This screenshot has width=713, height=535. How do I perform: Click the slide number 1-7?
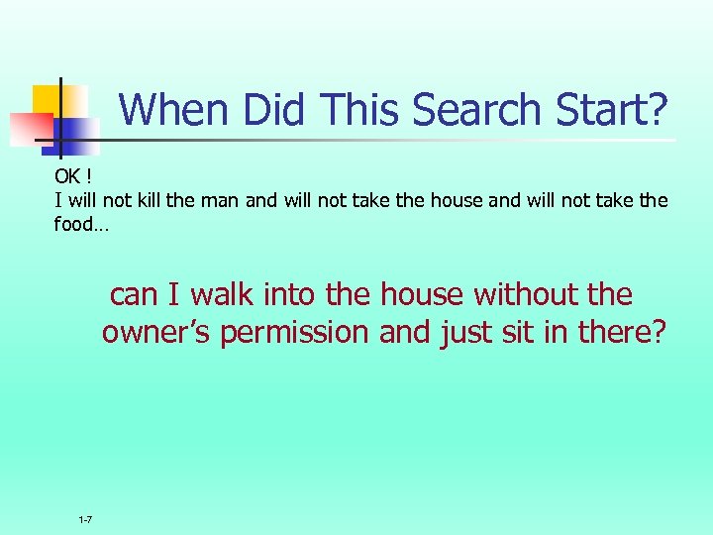pos(86,520)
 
